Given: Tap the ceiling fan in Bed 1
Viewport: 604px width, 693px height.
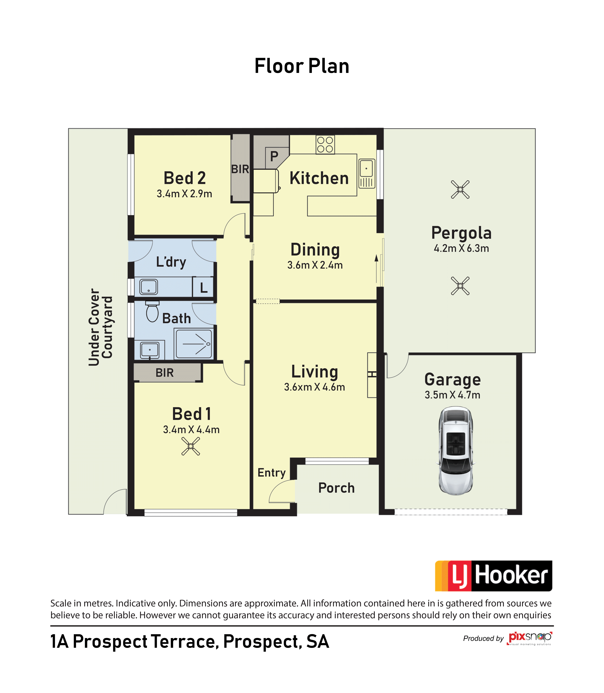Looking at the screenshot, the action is (191, 446).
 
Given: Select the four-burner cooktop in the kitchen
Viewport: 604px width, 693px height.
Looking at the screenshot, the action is (325, 145).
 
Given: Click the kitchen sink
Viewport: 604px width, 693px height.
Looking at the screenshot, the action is (367, 174).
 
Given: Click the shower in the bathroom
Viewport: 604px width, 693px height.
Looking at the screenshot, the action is (194, 344).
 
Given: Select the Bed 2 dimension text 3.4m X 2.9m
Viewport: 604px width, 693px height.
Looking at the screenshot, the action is (184, 194).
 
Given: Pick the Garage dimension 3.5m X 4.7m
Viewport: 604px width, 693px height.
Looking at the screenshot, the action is (452, 395).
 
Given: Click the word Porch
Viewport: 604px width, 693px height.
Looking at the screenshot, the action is (336, 488).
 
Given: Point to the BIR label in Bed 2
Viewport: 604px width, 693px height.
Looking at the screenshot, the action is (240, 169).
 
